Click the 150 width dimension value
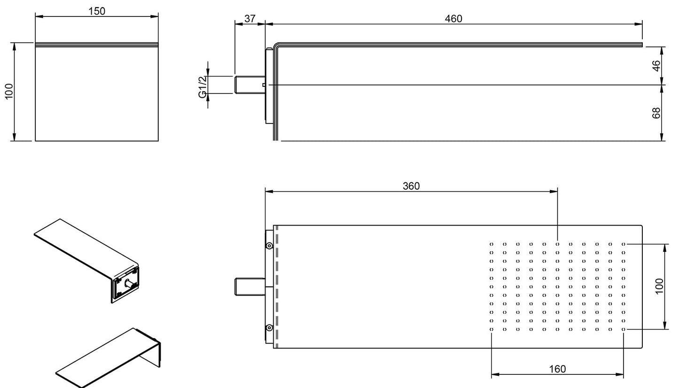coord(97,10)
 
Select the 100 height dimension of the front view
coord(9,92)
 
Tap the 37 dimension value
coord(250,18)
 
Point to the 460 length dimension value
coord(453,18)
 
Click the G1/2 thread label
coord(203,87)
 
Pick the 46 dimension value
coord(657,65)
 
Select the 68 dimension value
coord(657,113)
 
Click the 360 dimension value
coord(411,186)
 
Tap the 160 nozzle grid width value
coord(557,369)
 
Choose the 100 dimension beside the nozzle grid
coord(659,286)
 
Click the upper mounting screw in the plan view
coord(269,246)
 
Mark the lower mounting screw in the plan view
coord(269,327)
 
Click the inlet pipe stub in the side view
coord(249,85)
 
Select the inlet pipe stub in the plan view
coord(249,287)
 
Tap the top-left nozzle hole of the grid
coord(492,244)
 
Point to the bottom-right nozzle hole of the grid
coord(624,329)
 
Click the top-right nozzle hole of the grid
coord(624,244)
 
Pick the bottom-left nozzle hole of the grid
coord(492,329)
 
